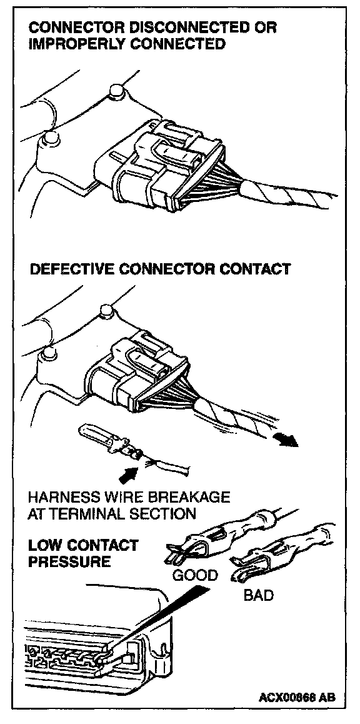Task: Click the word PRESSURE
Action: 69,561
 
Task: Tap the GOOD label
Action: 195,575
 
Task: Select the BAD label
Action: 258,595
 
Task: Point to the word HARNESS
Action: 63,497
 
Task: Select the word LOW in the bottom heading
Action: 44,545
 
